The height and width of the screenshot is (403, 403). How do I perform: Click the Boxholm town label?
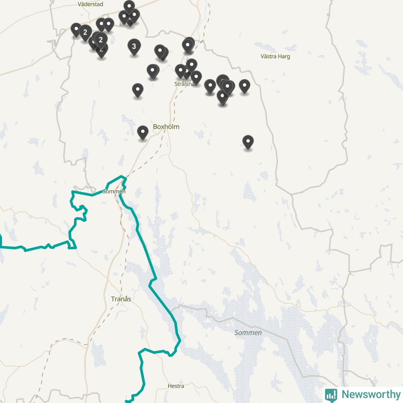[166, 127]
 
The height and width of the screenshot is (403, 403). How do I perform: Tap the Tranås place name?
[121, 299]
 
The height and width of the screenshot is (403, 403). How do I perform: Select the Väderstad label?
[90, 4]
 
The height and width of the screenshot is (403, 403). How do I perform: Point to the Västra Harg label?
[275, 56]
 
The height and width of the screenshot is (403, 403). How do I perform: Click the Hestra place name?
[176, 386]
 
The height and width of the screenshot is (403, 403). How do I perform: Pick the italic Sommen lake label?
[248, 333]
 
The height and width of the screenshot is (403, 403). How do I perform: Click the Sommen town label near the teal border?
[114, 191]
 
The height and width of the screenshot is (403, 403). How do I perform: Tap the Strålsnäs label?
[184, 84]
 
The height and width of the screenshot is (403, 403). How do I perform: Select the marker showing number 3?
[133, 47]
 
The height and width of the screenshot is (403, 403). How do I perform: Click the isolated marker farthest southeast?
[248, 142]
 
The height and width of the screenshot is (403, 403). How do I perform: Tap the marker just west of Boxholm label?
[143, 132]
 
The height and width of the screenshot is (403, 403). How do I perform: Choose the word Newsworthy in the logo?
[371, 394]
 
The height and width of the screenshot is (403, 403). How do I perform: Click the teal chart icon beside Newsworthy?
[331, 394]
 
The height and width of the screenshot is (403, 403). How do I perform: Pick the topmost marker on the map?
[129, 7]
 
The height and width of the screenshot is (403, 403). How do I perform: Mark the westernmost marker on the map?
[76, 29]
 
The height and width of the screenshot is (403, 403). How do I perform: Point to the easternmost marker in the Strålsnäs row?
[244, 86]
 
